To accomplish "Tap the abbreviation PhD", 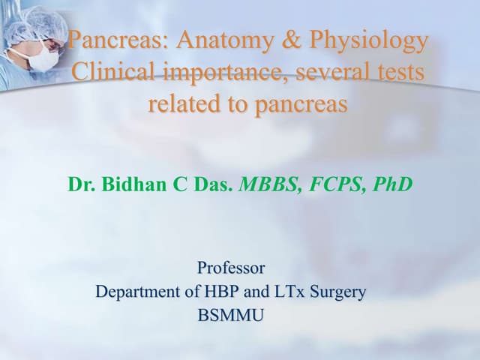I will [389, 184].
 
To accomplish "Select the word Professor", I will [231, 267].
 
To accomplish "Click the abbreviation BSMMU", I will [231, 316].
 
